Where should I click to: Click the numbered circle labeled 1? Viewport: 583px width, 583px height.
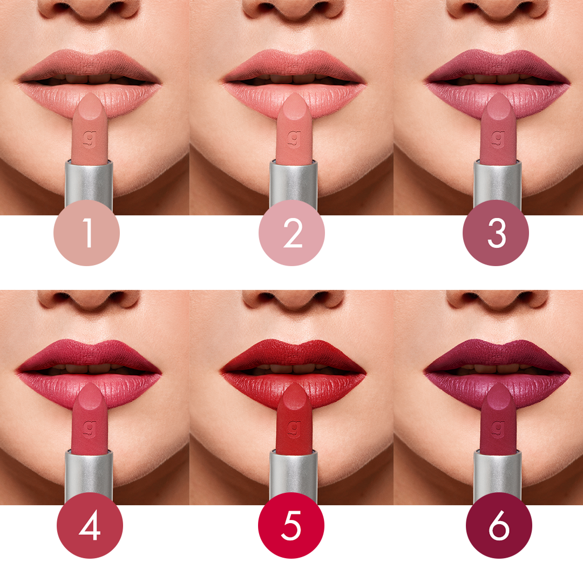click(x=86, y=233)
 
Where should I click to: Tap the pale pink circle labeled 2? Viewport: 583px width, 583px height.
click(x=292, y=233)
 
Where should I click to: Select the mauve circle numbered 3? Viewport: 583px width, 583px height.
click(x=496, y=233)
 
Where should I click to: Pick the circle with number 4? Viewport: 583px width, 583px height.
click(x=90, y=525)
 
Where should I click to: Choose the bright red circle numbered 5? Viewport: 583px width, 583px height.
click(x=291, y=525)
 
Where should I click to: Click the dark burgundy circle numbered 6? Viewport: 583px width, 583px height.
click(x=499, y=525)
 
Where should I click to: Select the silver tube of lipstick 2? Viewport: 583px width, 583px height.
click(x=293, y=184)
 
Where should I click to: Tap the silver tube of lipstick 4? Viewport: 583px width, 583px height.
click(x=89, y=475)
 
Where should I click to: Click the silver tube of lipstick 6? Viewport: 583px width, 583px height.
click(x=498, y=475)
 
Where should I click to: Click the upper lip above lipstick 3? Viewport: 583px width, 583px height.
click(x=497, y=64)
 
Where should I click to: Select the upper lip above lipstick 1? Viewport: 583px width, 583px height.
click(x=89, y=64)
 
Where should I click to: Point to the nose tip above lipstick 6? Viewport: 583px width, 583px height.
click(x=497, y=297)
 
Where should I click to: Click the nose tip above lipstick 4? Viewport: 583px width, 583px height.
click(x=89, y=297)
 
